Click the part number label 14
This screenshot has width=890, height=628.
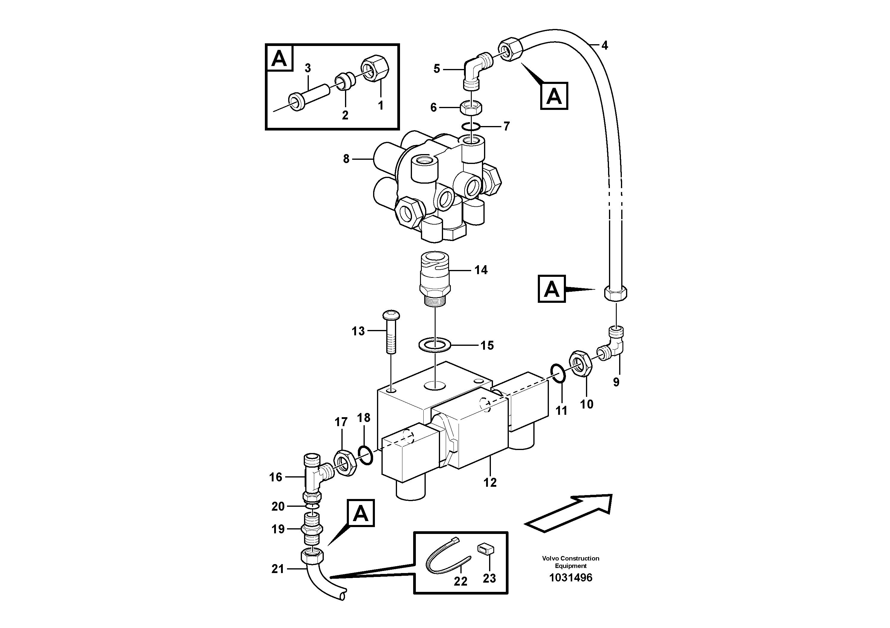pos(481,270)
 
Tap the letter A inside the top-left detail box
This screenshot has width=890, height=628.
pos(280,59)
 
